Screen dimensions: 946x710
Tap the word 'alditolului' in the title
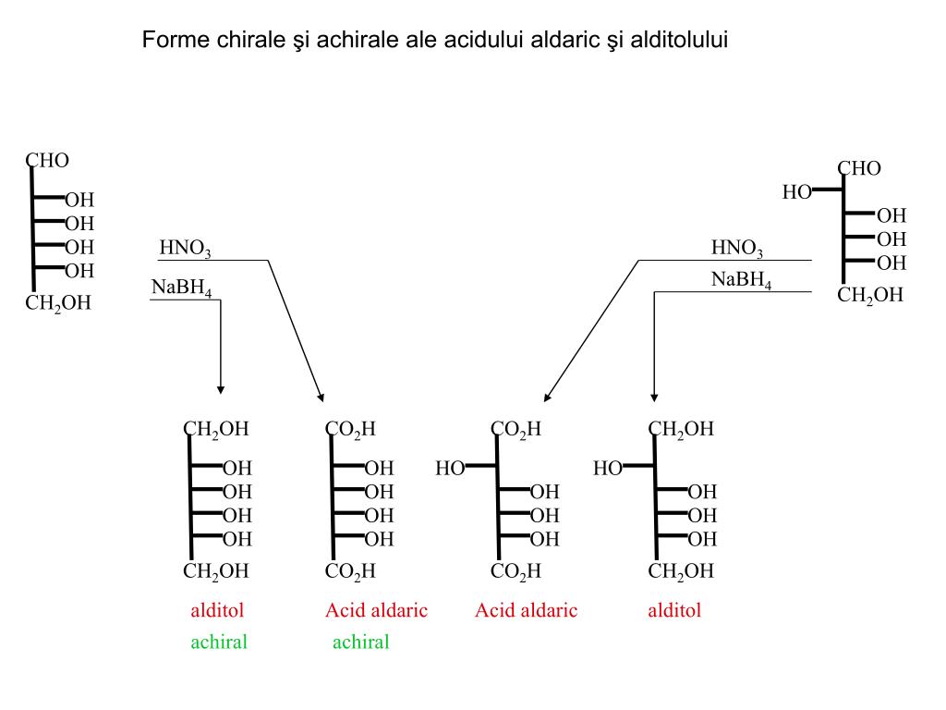pyautogui.click(x=679, y=40)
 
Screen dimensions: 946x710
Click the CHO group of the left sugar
pyautogui.click(x=47, y=161)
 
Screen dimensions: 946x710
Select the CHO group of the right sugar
pyautogui.click(x=859, y=168)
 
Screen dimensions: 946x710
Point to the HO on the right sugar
pyautogui.click(x=797, y=192)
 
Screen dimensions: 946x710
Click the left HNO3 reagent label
pyautogui.click(x=185, y=248)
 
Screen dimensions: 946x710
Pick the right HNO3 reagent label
pyautogui.click(x=736, y=248)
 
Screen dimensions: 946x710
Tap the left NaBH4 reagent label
pyautogui.click(x=182, y=288)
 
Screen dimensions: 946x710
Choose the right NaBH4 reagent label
pyautogui.click(x=742, y=279)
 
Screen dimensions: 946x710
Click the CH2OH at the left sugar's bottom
pyautogui.click(x=58, y=303)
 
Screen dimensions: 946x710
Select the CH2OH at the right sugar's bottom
pyautogui.click(x=870, y=295)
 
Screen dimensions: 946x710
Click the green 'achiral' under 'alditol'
pyautogui.click(x=219, y=642)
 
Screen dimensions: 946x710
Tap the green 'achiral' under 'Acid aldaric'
pyautogui.click(x=361, y=642)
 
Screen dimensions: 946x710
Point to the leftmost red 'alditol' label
pyautogui.click(x=217, y=610)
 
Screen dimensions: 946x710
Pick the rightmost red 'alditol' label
pyautogui.click(x=674, y=610)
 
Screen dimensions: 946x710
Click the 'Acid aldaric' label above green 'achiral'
pyautogui.click(x=377, y=610)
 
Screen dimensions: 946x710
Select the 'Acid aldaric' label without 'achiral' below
pyautogui.click(x=526, y=610)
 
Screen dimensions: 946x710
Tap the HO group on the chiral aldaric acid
pyautogui.click(x=450, y=468)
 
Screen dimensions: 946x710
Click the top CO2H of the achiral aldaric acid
pyautogui.click(x=350, y=429)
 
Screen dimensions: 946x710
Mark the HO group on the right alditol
pyautogui.click(x=608, y=468)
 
